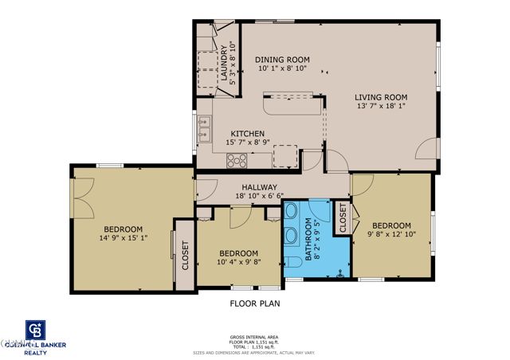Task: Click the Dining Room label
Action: pyautogui.click(x=282, y=60)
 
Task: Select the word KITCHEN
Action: pyautogui.click(x=248, y=134)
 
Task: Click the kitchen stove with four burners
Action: pyautogui.click(x=237, y=159)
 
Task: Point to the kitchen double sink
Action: pyautogui.click(x=205, y=127)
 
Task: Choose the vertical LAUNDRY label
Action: pyautogui.click(x=224, y=62)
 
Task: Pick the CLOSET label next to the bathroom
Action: pyautogui.click(x=343, y=219)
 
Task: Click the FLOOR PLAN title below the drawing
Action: pyautogui.click(x=255, y=303)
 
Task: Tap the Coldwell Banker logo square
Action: pyautogui.click(x=34, y=331)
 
